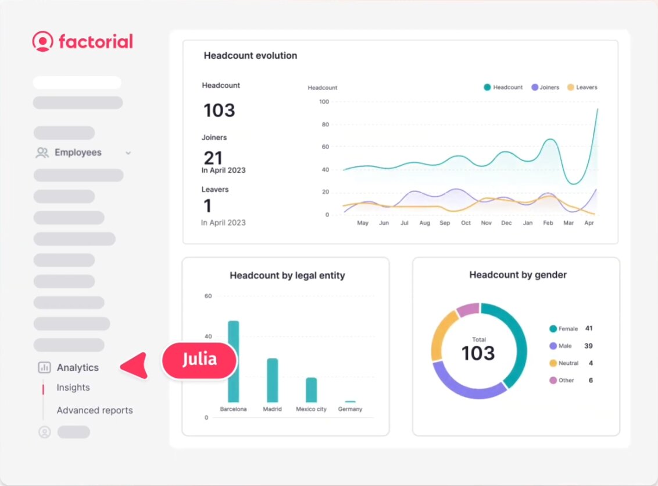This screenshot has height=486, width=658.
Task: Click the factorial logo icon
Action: [x=42, y=41]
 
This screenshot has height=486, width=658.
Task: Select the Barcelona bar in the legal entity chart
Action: [x=234, y=361]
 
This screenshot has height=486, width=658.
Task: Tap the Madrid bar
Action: [x=272, y=379]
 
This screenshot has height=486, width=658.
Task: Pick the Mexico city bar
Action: [x=312, y=389]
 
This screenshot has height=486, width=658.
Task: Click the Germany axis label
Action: [x=350, y=409]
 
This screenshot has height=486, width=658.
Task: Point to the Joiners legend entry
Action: [x=545, y=87]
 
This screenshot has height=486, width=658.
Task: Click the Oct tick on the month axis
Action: [x=466, y=223]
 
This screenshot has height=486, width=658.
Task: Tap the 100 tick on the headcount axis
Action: [x=324, y=102]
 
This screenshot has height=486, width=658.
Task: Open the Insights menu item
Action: [x=73, y=388]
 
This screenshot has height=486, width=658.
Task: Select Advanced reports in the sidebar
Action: [x=95, y=410]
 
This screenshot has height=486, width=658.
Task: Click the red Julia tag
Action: [x=199, y=360]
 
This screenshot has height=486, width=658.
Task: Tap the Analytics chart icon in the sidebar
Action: [x=44, y=367]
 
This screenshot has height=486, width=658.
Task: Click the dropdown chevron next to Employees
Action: [x=128, y=153]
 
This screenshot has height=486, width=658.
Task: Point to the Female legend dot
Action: [x=553, y=329]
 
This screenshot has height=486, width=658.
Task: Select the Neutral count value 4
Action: [x=591, y=363]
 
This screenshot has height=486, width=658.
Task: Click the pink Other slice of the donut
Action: [x=468, y=310]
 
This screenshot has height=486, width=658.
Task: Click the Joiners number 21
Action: [x=213, y=158]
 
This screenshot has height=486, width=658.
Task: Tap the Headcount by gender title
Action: [x=518, y=275]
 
